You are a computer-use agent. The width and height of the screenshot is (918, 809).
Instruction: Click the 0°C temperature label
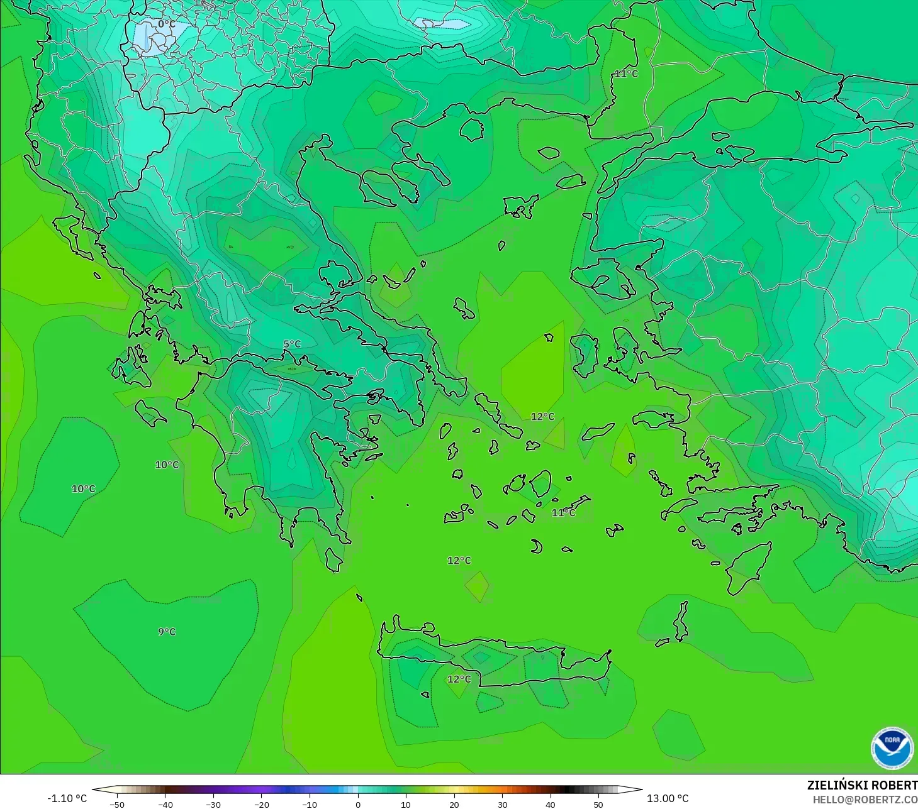pyautogui.click(x=167, y=25)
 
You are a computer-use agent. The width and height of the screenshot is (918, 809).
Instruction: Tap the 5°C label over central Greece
pyautogui.click(x=292, y=344)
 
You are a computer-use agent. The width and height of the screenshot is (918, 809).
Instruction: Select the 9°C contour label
pyautogui.click(x=167, y=632)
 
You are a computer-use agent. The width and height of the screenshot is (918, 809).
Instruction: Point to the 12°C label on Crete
pyautogui.click(x=459, y=679)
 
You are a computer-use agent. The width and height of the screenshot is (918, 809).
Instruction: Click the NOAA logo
pyautogui.click(x=892, y=748)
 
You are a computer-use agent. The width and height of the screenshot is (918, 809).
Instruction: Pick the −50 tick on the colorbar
pyautogui.click(x=116, y=804)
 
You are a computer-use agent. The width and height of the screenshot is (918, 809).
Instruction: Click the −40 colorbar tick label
pyautogui.click(x=165, y=804)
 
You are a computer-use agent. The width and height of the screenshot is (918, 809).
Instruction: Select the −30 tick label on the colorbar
pyautogui.click(x=213, y=804)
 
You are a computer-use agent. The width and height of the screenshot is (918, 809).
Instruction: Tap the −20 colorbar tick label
pyautogui.click(x=261, y=804)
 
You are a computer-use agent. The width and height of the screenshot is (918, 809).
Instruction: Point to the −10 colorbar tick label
pyautogui.click(x=310, y=804)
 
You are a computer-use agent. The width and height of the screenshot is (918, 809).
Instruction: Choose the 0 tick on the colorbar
pyautogui.click(x=358, y=804)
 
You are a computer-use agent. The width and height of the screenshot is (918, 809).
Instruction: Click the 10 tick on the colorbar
pyautogui.click(x=406, y=804)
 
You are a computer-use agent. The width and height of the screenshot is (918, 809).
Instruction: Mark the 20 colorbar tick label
pyautogui.click(x=454, y=804)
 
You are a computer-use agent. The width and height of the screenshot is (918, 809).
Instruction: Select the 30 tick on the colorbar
pyautogui.click(x=502, y=804)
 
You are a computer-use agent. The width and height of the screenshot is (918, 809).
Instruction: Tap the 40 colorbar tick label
pyautogui.click(x=551, y=804)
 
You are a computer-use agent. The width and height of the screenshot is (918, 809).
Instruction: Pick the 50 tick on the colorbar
pyautogui.click(x=598, y=804)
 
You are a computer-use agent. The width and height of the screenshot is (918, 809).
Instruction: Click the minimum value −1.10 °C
pyautogui.click(x=67, y=798)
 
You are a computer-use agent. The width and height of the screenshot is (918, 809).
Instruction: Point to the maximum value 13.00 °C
pyautogui.click(x=668, y=798)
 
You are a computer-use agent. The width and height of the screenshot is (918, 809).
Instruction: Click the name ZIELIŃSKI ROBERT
pyautogui.click(x=862, y=785)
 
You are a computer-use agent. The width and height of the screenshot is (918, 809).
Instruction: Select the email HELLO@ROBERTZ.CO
pyautogui.click(x=865, y=800)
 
